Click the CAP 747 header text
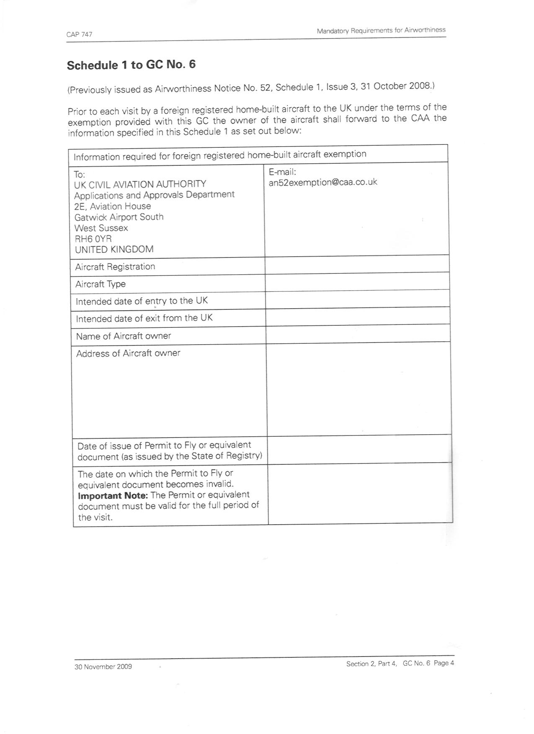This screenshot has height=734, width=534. coord(79,34)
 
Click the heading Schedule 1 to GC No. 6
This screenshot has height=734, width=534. coord(131,65)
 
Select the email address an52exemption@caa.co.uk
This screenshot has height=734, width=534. coord(323,182)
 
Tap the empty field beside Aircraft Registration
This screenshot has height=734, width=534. coord(357,265)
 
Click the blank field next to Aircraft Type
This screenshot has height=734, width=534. coord(357,282)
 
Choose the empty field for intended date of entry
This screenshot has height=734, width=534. coord(358,299)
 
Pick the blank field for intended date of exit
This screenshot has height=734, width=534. coord(358,317)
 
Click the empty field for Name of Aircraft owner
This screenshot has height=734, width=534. coord(358,334)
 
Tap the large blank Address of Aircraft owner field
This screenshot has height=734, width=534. coord(359,389)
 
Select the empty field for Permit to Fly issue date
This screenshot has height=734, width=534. coord(359,449)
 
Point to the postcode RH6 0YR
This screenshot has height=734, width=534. coord(93,239)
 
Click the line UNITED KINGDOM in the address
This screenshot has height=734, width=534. coord(114,250)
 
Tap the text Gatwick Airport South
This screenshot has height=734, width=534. coord(119,217)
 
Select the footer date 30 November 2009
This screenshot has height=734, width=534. coord(103,667)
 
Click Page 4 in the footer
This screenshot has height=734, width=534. coord(444,663)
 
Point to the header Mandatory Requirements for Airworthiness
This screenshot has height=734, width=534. coord(381,31)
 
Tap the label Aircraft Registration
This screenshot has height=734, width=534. coord(115,267)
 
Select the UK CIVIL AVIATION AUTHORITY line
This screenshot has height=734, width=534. coord(140,184)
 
